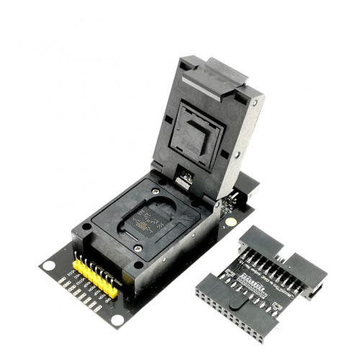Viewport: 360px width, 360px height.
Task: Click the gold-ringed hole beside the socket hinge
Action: (x=230, y=222)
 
